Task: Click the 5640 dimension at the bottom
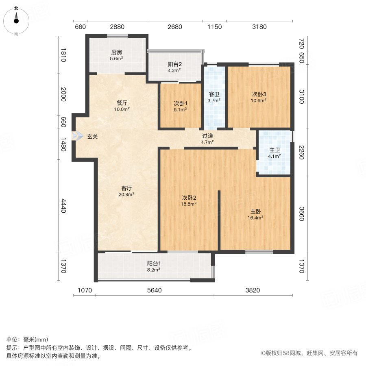click(154, 290)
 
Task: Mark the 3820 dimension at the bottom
click(252, 290)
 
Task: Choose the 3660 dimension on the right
click(301, 213)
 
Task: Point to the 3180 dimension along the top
click(259, 27)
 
